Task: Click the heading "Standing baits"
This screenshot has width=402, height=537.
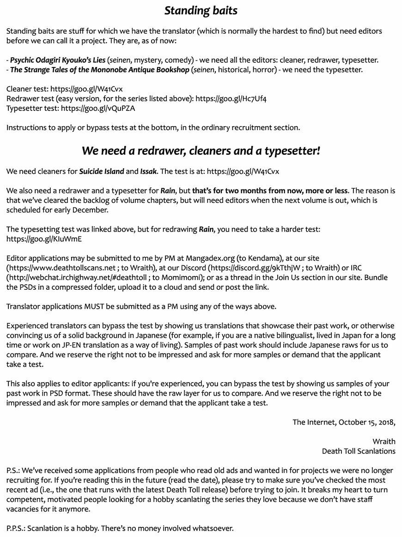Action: [201, 11]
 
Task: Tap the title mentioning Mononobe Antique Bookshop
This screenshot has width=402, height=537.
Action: [100, 70]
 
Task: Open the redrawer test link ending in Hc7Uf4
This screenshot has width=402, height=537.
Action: [231, 98]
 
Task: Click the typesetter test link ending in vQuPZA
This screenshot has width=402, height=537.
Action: [98, 108]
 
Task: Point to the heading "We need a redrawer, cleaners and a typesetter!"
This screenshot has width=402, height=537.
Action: [201, 151]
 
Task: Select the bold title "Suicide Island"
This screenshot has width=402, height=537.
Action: [102, 171]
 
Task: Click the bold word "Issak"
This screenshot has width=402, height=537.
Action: [148, 171]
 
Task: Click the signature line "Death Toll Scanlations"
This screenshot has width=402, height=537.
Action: [359, 451]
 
